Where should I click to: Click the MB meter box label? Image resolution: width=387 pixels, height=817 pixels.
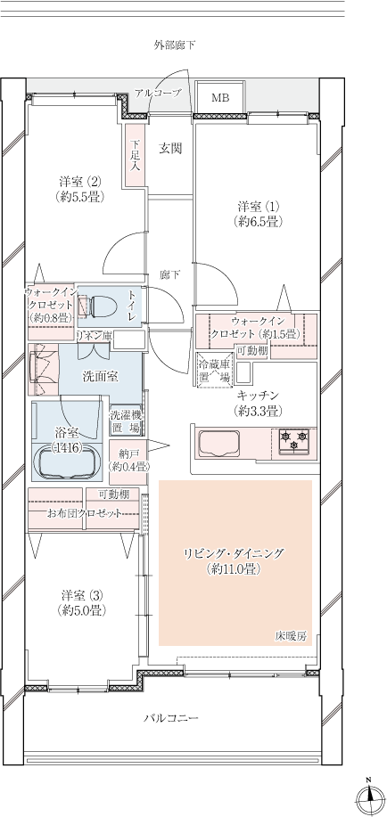[x=219, y=98]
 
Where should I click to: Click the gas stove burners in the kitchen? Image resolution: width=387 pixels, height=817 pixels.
[x=294, y=440]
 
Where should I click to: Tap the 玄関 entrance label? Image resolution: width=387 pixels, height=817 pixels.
[x=170, y=149]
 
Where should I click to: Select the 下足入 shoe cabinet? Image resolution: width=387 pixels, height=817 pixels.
[x=135, y=155]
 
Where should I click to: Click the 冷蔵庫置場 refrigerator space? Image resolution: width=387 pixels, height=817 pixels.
[x=214, y=370]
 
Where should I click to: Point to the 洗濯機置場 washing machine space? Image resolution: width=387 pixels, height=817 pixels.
[x=125, y=421]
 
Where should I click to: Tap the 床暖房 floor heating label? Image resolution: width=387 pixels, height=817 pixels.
[x=291, y=635]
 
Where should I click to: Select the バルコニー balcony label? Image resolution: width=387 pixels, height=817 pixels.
[x=171, y=718]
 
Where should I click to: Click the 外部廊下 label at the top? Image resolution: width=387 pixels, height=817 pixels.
[x=174, y=45]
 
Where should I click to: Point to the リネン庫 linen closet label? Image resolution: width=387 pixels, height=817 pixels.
[x=94, y=336]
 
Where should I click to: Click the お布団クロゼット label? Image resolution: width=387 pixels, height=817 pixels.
[x=84, y=514]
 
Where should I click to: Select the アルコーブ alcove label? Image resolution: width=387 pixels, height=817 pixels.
[x=158, y=94]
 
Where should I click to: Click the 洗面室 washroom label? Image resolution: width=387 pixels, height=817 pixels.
[x=100, y=377]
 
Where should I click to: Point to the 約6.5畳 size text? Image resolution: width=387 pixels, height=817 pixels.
[x=259, y=222]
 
